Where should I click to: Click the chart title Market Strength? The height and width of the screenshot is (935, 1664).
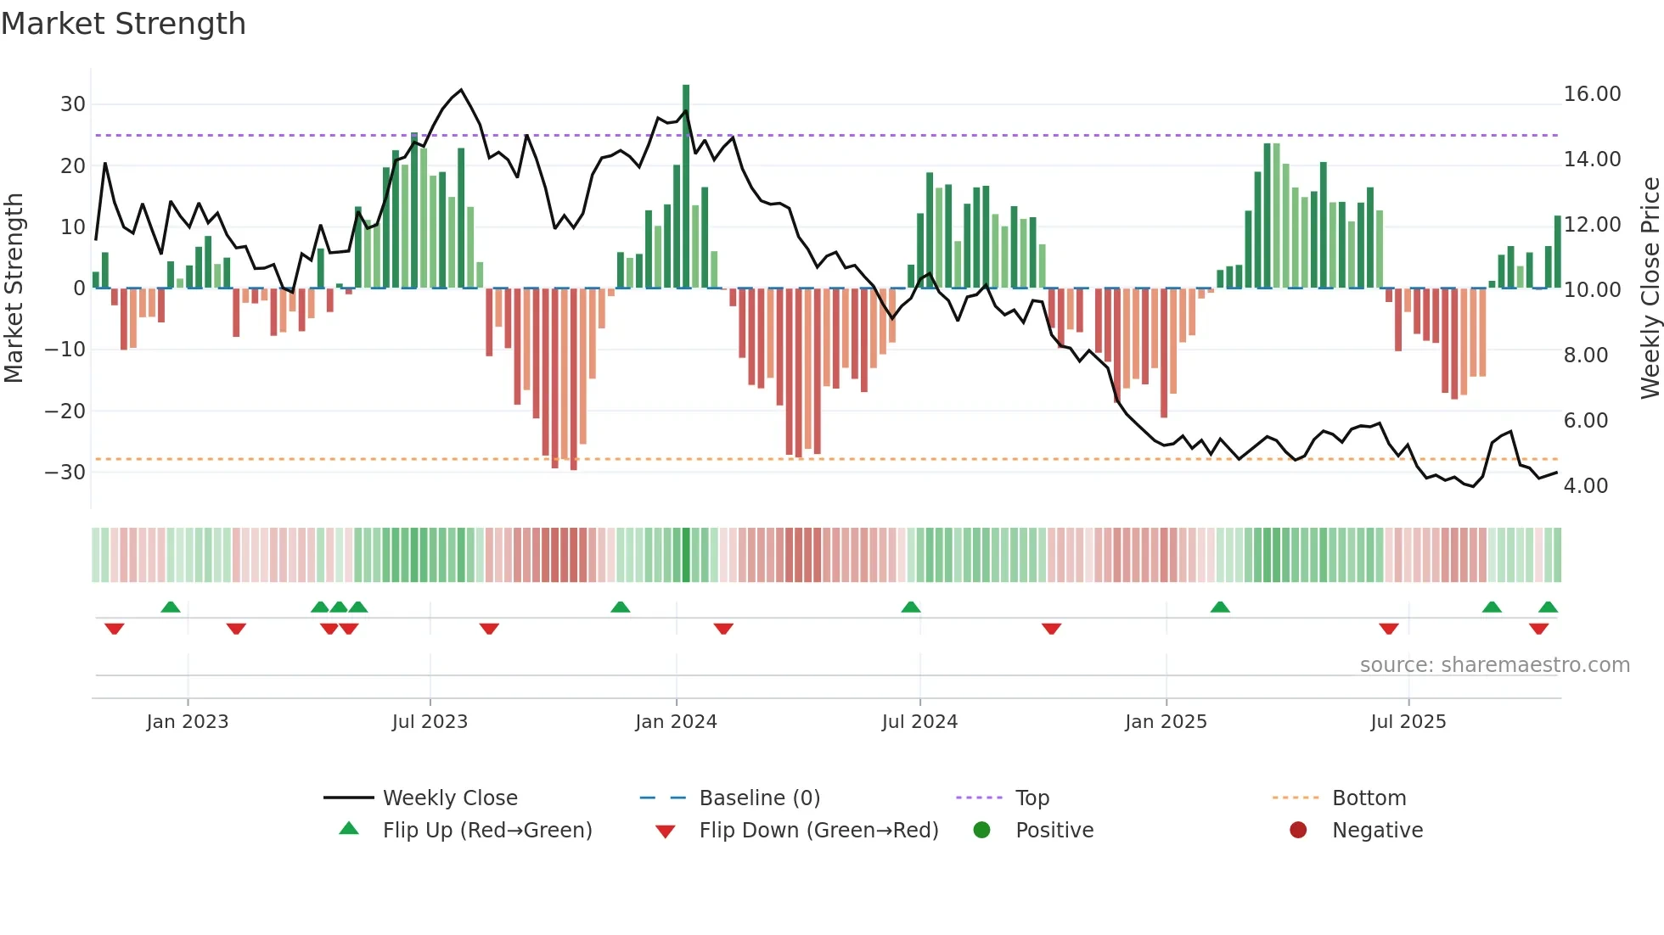pyautogui.click(x=123, y=24)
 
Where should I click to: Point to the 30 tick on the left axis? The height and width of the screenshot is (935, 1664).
pyautogui.click(x=73, y=104)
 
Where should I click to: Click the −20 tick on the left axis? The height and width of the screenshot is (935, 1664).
pyautogui.click(x=65, y=412)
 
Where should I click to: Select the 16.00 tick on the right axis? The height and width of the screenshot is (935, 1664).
pyautogui.click(x=1592, y=94)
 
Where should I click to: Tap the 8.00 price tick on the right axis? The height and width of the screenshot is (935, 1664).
pyautogui.click(x=1585, y=356)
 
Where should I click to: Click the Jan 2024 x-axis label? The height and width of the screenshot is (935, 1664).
pyautogui.click(x=676, y=722)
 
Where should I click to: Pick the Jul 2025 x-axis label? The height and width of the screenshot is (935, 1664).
pyautogui.click(x=1408, y=722)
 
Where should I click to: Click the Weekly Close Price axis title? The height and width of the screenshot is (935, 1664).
pyautogui.click(x=1650, y=288)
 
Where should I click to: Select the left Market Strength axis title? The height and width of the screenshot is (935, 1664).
pyautogui.click(x=14, y=288)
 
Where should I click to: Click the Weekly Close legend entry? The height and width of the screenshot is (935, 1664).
pyautogui.click(x=449, y=798)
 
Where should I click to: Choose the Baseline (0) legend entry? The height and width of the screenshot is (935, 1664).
pyautogui.click(x=759, y=798)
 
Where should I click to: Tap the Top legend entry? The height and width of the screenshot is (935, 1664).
pyautogui.click(x=1032, y=798)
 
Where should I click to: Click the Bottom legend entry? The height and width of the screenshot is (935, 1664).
pyautogui.click(x=1369, y=798)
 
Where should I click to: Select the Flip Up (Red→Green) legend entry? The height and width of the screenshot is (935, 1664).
pyautogui.click(x=486, y=831)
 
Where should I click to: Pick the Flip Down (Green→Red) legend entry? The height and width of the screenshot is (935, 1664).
pyautogui.click(x=818, y=831)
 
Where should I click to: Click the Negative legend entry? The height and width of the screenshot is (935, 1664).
pyautogui.click(x=1376, y=831)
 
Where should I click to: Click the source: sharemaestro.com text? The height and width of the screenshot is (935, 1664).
pyautogui.click(x=1494, y=665)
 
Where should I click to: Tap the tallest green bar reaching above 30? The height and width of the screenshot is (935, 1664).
pyautogui.click(x=686, y=187)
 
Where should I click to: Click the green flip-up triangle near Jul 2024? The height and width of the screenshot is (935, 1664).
pyautogui.click(x=910, y=607)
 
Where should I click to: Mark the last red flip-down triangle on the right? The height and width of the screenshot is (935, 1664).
pyautogui.click(x=1538, y=629)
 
